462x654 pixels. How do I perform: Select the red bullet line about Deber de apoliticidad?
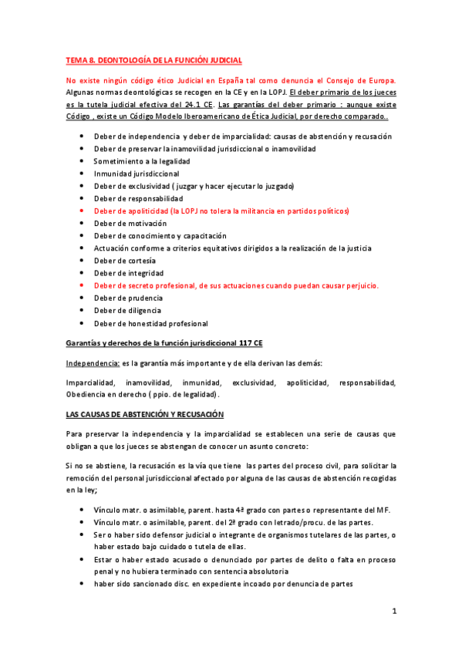point(221,211)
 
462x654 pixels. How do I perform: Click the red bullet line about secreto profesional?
point(236,285)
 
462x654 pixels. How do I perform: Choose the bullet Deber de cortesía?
point(124,261)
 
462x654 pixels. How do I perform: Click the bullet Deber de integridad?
point(127,273)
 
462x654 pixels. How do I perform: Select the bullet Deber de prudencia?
point(127,298)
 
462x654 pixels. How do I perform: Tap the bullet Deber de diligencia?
point(126,310)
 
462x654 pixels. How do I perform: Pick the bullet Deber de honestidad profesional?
point(150,323)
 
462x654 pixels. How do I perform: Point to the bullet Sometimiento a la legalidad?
point(142,161)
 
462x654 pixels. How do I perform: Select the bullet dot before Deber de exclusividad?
point(83,186)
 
